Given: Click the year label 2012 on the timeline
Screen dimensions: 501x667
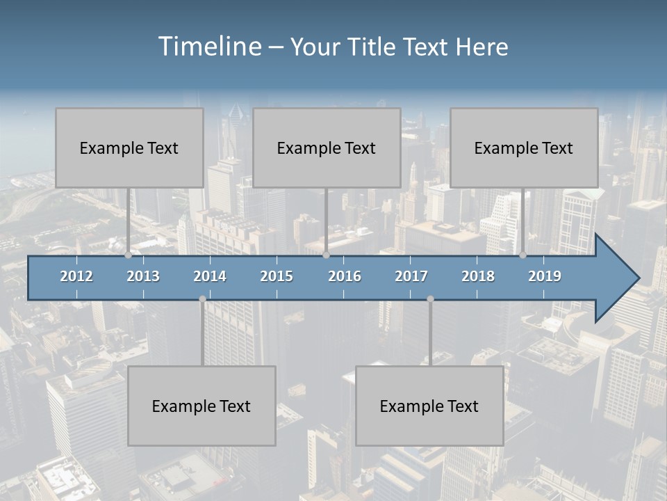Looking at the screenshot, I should pos(76,276).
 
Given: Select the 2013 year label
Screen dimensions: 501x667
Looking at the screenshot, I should pos(143,276).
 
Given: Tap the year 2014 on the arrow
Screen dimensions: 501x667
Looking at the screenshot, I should pos(210,276).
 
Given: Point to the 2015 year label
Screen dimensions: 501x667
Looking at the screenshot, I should pos(277,276).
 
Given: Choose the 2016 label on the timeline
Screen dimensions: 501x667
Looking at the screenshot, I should pos(345,276).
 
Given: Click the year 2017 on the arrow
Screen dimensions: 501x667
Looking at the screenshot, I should pos(411,276).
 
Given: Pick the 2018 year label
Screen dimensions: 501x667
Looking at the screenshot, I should pos(478,276).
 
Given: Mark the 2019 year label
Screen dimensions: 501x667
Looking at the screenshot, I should pos(545,276).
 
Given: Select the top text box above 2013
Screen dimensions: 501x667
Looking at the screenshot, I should pos(129,148).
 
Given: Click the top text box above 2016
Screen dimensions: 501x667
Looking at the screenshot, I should pos(327,148).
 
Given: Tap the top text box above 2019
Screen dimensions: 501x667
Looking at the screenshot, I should pos(524,148).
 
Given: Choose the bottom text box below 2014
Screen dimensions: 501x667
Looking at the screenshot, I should pos(201,406).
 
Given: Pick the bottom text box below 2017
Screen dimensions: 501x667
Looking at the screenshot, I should pos(429,406).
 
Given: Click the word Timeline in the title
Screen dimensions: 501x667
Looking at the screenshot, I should pos(209,47).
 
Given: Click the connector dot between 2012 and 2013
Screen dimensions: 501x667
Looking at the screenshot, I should pos(128,255).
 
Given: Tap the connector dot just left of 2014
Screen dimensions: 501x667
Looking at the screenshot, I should pos(202,299).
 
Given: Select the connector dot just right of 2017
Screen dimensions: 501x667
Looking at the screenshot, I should pos(430,299).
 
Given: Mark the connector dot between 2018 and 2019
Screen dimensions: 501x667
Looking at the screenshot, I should pos(523,255).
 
